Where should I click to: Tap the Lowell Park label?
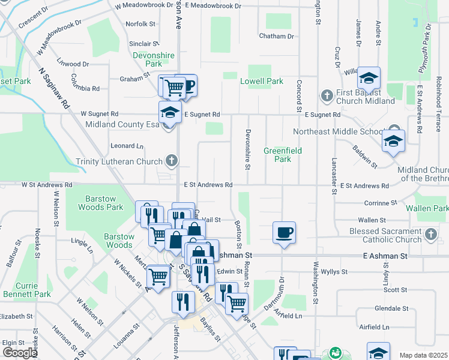tap(261, 81)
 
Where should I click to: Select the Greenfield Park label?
tap(282, 155)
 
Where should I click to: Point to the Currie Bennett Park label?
tap(25, 290)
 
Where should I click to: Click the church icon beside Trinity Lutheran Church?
tap(172, 161)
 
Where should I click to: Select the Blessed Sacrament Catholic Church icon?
tap(430, 235)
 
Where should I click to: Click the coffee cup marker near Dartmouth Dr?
tap(284, 232)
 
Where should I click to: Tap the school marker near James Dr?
tap(369, 78)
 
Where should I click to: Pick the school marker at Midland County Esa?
tap(170, 112)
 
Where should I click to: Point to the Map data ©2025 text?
tap(423, 355)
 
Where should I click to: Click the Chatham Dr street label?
tap(276, 36)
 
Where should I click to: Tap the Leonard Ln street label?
tap(127, 145)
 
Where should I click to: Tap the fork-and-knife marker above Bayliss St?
tap(182, 302)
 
